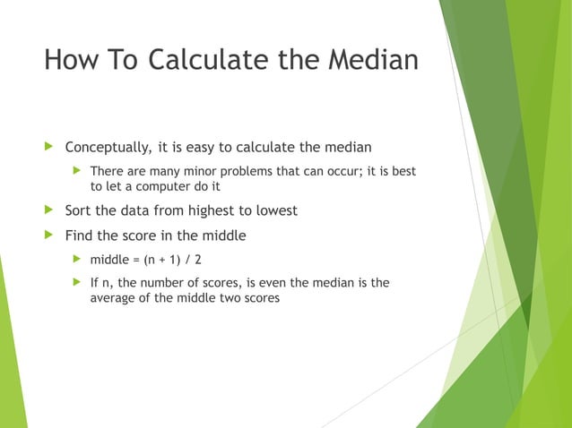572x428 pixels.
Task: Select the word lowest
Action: click(274, 211)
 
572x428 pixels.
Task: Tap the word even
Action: click(272, 283)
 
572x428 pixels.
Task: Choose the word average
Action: click(113, 298)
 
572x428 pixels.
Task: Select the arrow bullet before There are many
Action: click(77, 170)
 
